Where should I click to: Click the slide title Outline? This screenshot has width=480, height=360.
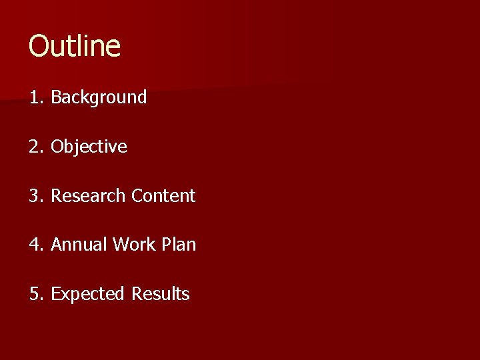click(75, 47)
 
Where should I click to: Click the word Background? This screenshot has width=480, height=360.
click(99, 97)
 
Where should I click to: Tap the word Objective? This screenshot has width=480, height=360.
click(89, 147)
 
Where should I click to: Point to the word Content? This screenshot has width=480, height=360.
click(163, 196)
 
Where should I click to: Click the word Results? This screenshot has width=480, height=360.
click(161, 294)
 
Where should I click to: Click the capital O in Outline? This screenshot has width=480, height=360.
click(39, 47)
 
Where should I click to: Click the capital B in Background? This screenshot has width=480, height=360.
click(56, 97)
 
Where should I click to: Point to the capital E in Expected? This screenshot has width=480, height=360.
click(55, 294)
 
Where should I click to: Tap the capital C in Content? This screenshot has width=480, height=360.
click(137, 196)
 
